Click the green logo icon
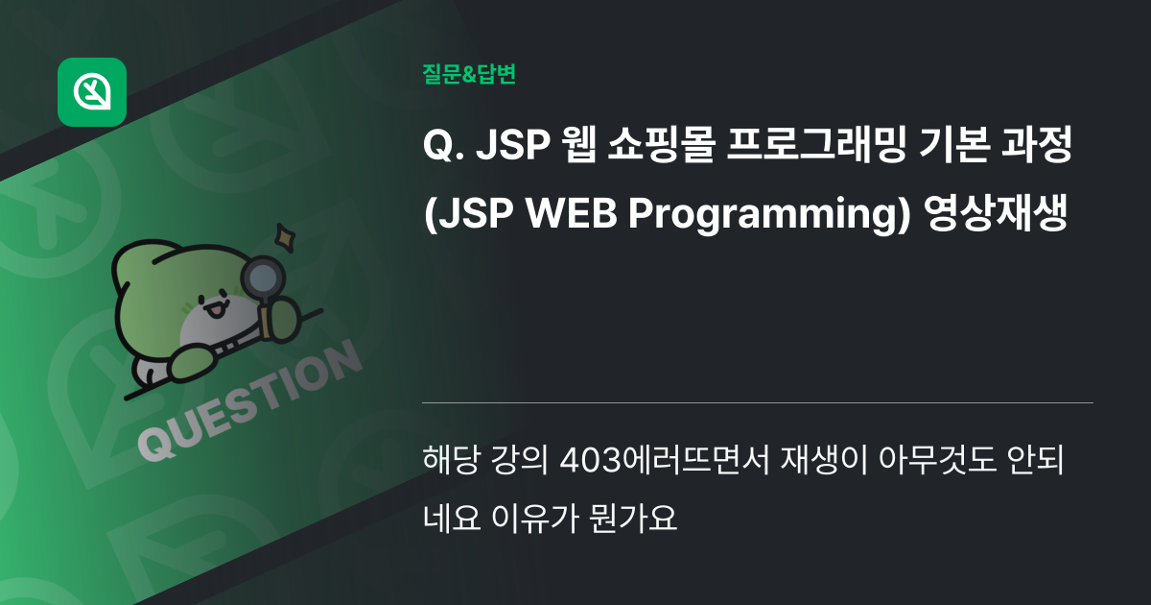(92, 92)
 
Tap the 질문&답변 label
(469, 74)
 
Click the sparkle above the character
(284, 233)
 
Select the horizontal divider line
(757, 402)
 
